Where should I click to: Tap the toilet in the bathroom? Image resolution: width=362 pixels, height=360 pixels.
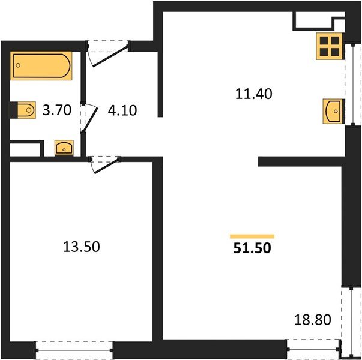(x=24, y=110)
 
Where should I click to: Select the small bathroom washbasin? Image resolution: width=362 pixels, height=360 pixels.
(x=64, y=147)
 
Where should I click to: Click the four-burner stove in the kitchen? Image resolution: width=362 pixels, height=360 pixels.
(x=328, y=46)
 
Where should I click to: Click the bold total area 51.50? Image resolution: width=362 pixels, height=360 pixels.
(x=253, y=248)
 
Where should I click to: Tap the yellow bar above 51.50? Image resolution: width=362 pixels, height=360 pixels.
(x=252, y=236)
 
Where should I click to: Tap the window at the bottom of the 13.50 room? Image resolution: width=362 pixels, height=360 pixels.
(x=74, y=349)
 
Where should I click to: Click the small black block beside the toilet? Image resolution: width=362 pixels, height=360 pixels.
(x=13, y=110)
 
